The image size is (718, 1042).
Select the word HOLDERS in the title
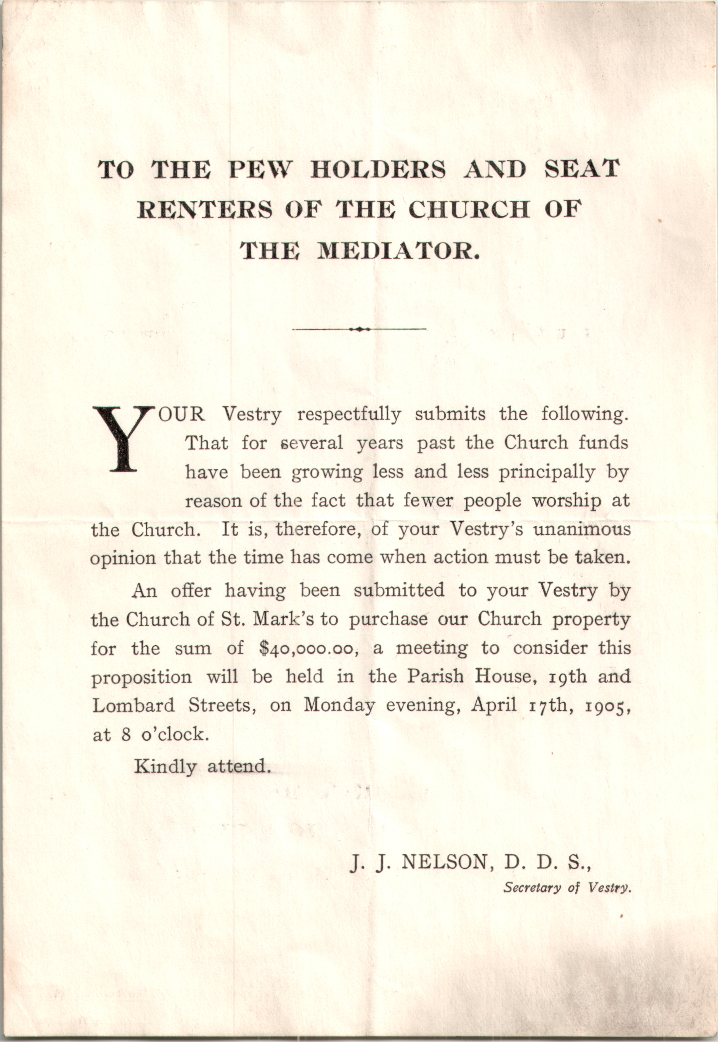point(378,170)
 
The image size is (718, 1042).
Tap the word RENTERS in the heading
point(204,210)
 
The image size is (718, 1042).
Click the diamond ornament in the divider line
point(359,329)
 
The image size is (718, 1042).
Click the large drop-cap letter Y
point(122,438)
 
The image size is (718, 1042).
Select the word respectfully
point(349,414)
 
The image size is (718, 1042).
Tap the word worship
point(566,501)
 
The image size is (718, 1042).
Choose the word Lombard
point(133,706)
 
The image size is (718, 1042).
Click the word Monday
point(339,706)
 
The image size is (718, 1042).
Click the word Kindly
point(165,767)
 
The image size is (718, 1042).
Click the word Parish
point(435,676)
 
